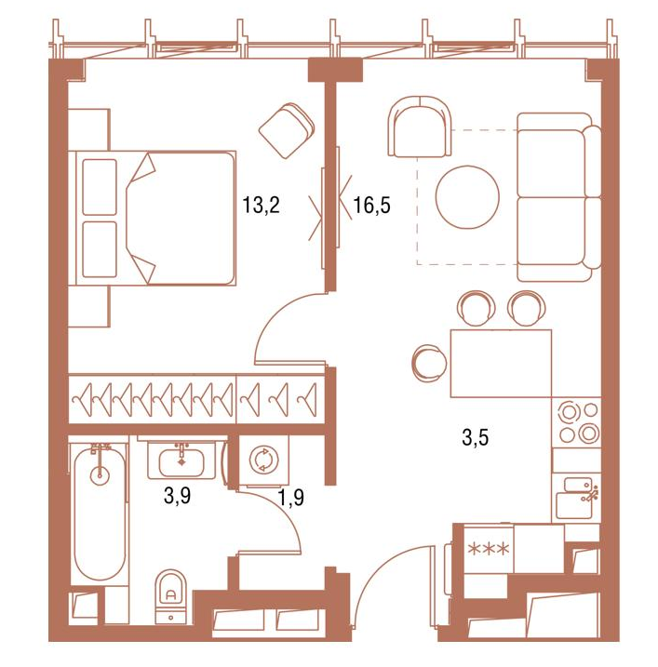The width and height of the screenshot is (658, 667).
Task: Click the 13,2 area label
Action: coord(261,205)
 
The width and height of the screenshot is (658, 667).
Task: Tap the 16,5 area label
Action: coord(371,205)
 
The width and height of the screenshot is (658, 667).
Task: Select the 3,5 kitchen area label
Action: coord(475,438)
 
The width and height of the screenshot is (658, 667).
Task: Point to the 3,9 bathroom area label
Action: coord(177,496)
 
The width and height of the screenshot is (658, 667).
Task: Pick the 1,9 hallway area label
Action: coord(291,497)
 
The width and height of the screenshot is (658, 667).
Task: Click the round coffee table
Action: coord(467,196)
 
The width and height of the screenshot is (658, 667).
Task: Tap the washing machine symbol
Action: coord(264,460)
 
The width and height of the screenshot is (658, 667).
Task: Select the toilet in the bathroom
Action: coord(170,597)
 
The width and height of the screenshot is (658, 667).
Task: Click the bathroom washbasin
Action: coord(181,461)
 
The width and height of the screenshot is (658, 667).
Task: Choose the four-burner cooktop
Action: coord(577,422)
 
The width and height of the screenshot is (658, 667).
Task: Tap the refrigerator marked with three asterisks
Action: coord(489,549)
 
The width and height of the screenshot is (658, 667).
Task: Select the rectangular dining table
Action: coord(501,364)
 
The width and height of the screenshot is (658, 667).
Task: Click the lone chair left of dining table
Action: coord(429,362)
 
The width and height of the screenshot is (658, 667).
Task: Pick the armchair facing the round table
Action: coord(419,127)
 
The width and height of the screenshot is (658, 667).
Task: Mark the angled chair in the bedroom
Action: coord(287,130)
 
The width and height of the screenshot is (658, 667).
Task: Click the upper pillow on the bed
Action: coord(100,187)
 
